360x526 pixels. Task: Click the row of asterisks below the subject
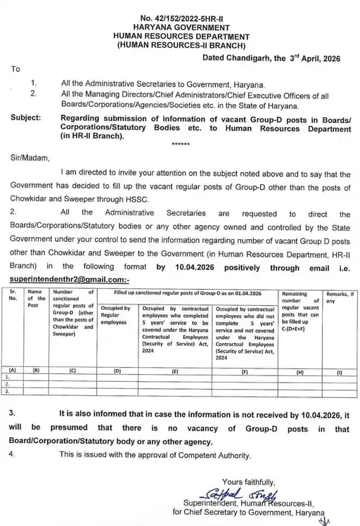(x=181, y=144)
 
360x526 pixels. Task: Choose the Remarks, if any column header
(x=340, y=297)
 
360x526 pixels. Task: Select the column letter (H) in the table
(x=299, y=368)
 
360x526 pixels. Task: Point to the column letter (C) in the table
(x=73, y=368)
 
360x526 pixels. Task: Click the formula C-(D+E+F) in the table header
(x=298, y=329)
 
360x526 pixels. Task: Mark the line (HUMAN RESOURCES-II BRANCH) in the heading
(x=181, y=44)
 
